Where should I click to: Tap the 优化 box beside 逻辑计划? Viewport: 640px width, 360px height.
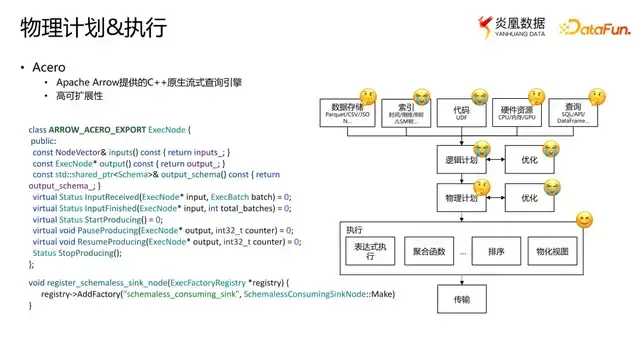(x=530, y=158)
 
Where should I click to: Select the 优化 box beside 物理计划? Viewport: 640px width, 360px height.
(x=530, y=197)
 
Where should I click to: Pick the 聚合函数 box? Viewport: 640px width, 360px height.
(x=429, y=251)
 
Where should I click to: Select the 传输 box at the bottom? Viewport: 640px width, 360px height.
(x=460, y=298)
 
